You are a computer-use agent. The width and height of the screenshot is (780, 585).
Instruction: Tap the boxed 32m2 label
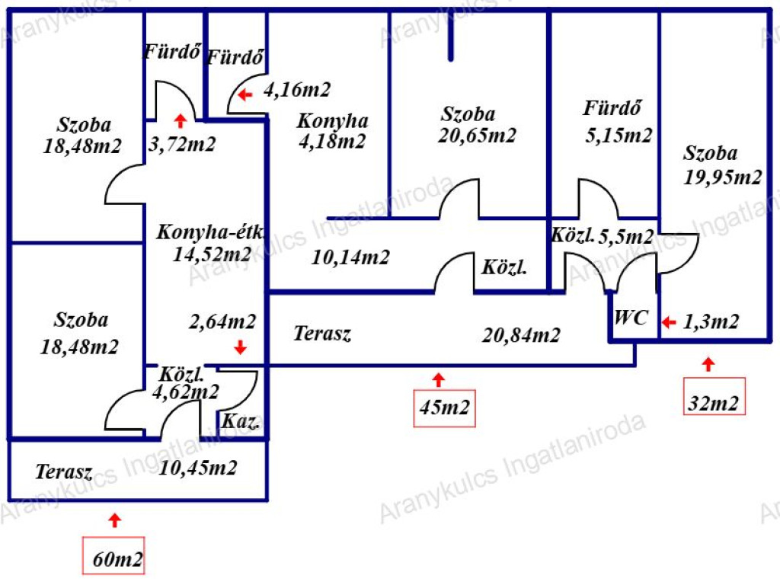714,403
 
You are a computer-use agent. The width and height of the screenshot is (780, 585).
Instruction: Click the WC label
631,318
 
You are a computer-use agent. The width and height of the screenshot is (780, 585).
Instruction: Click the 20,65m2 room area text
478,136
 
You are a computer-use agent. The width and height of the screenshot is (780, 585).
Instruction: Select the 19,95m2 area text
723,177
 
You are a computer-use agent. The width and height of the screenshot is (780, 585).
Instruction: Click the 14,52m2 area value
212,254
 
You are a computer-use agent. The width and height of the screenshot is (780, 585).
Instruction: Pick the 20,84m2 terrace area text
522,334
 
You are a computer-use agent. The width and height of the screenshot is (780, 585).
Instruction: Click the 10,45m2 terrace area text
198,468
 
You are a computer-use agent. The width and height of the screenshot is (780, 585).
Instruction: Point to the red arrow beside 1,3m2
668,322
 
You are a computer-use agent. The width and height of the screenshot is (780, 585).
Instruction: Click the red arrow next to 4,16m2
244,95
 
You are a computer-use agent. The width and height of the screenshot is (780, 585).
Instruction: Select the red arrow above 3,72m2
180,120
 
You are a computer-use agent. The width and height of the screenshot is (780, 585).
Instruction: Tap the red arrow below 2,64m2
240,347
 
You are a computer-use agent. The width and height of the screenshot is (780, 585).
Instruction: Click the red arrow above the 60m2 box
114,520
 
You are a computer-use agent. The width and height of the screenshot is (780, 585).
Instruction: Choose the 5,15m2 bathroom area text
619,136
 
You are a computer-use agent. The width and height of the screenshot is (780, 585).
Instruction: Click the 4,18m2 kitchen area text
331,141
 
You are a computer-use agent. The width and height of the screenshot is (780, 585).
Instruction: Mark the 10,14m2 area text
350,257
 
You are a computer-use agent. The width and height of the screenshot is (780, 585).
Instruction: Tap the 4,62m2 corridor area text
186,392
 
